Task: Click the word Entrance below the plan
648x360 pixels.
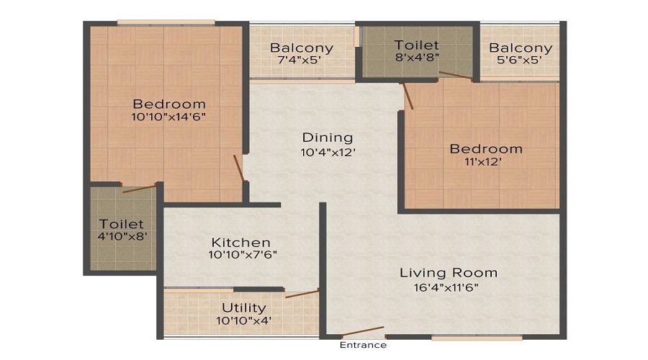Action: tap(364, 345)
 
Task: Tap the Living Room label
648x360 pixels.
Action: tap(449, 273)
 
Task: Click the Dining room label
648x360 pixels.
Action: tap(328, 138)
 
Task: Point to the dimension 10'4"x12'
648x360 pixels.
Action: tap(328, 152)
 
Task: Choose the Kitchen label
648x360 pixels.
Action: tap(240, 243)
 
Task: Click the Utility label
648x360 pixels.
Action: tap(244, 308)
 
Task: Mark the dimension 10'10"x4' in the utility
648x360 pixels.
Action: tap(244, 320)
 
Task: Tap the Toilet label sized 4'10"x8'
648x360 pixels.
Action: tap(122, 225)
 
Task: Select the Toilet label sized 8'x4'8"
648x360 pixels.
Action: tap(416, 45)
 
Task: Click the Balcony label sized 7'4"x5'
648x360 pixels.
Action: tap(302, 48)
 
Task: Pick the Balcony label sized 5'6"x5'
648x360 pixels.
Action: tap(521, 48)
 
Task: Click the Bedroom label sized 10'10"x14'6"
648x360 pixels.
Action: tap(169, 104)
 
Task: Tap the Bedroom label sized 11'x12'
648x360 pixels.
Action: tap(486, 149)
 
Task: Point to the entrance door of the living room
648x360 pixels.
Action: tap(363, 334)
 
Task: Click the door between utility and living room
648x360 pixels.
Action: tap(302, 293)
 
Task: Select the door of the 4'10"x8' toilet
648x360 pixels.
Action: tap(139, 189)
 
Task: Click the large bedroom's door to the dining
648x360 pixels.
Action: tap(238, 168)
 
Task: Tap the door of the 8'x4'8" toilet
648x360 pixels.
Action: tap(455, 75)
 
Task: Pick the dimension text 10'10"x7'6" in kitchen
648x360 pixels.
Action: tap(243, 255)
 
